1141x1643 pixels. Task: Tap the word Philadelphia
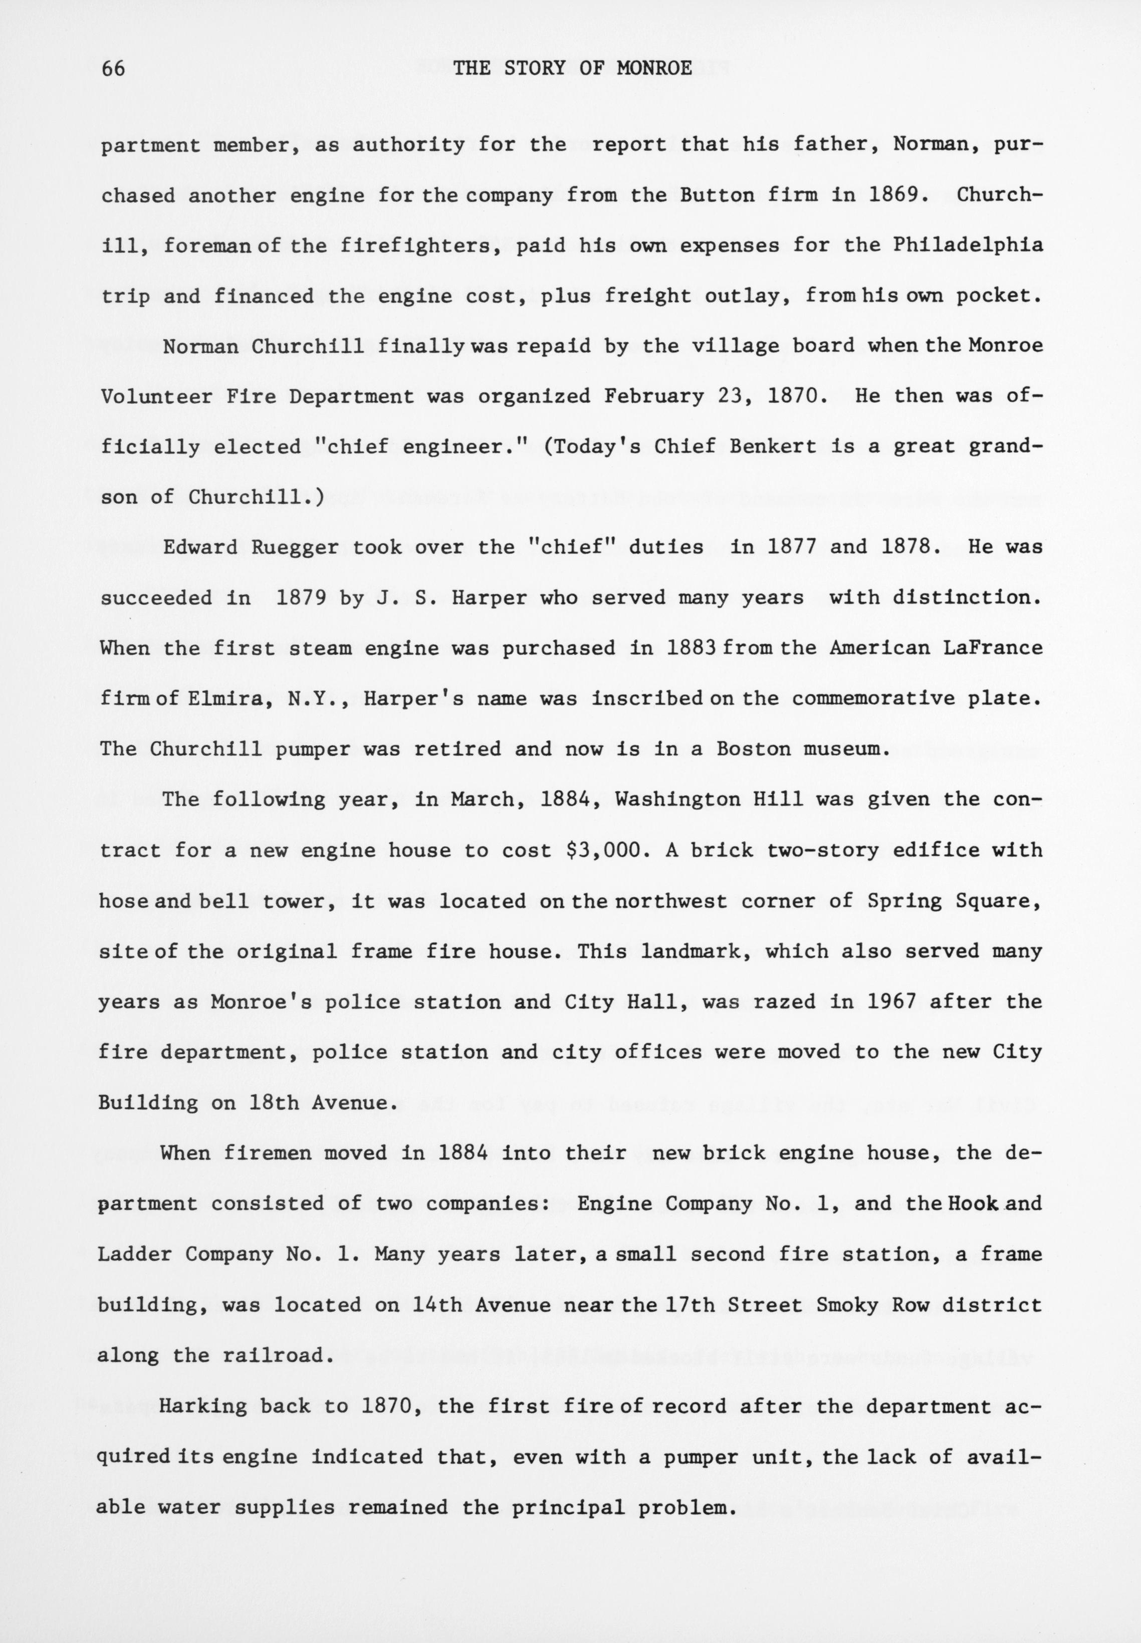click(967, 245)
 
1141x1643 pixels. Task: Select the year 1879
click(302, 597)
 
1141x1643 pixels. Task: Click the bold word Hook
click(973, 1204)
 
